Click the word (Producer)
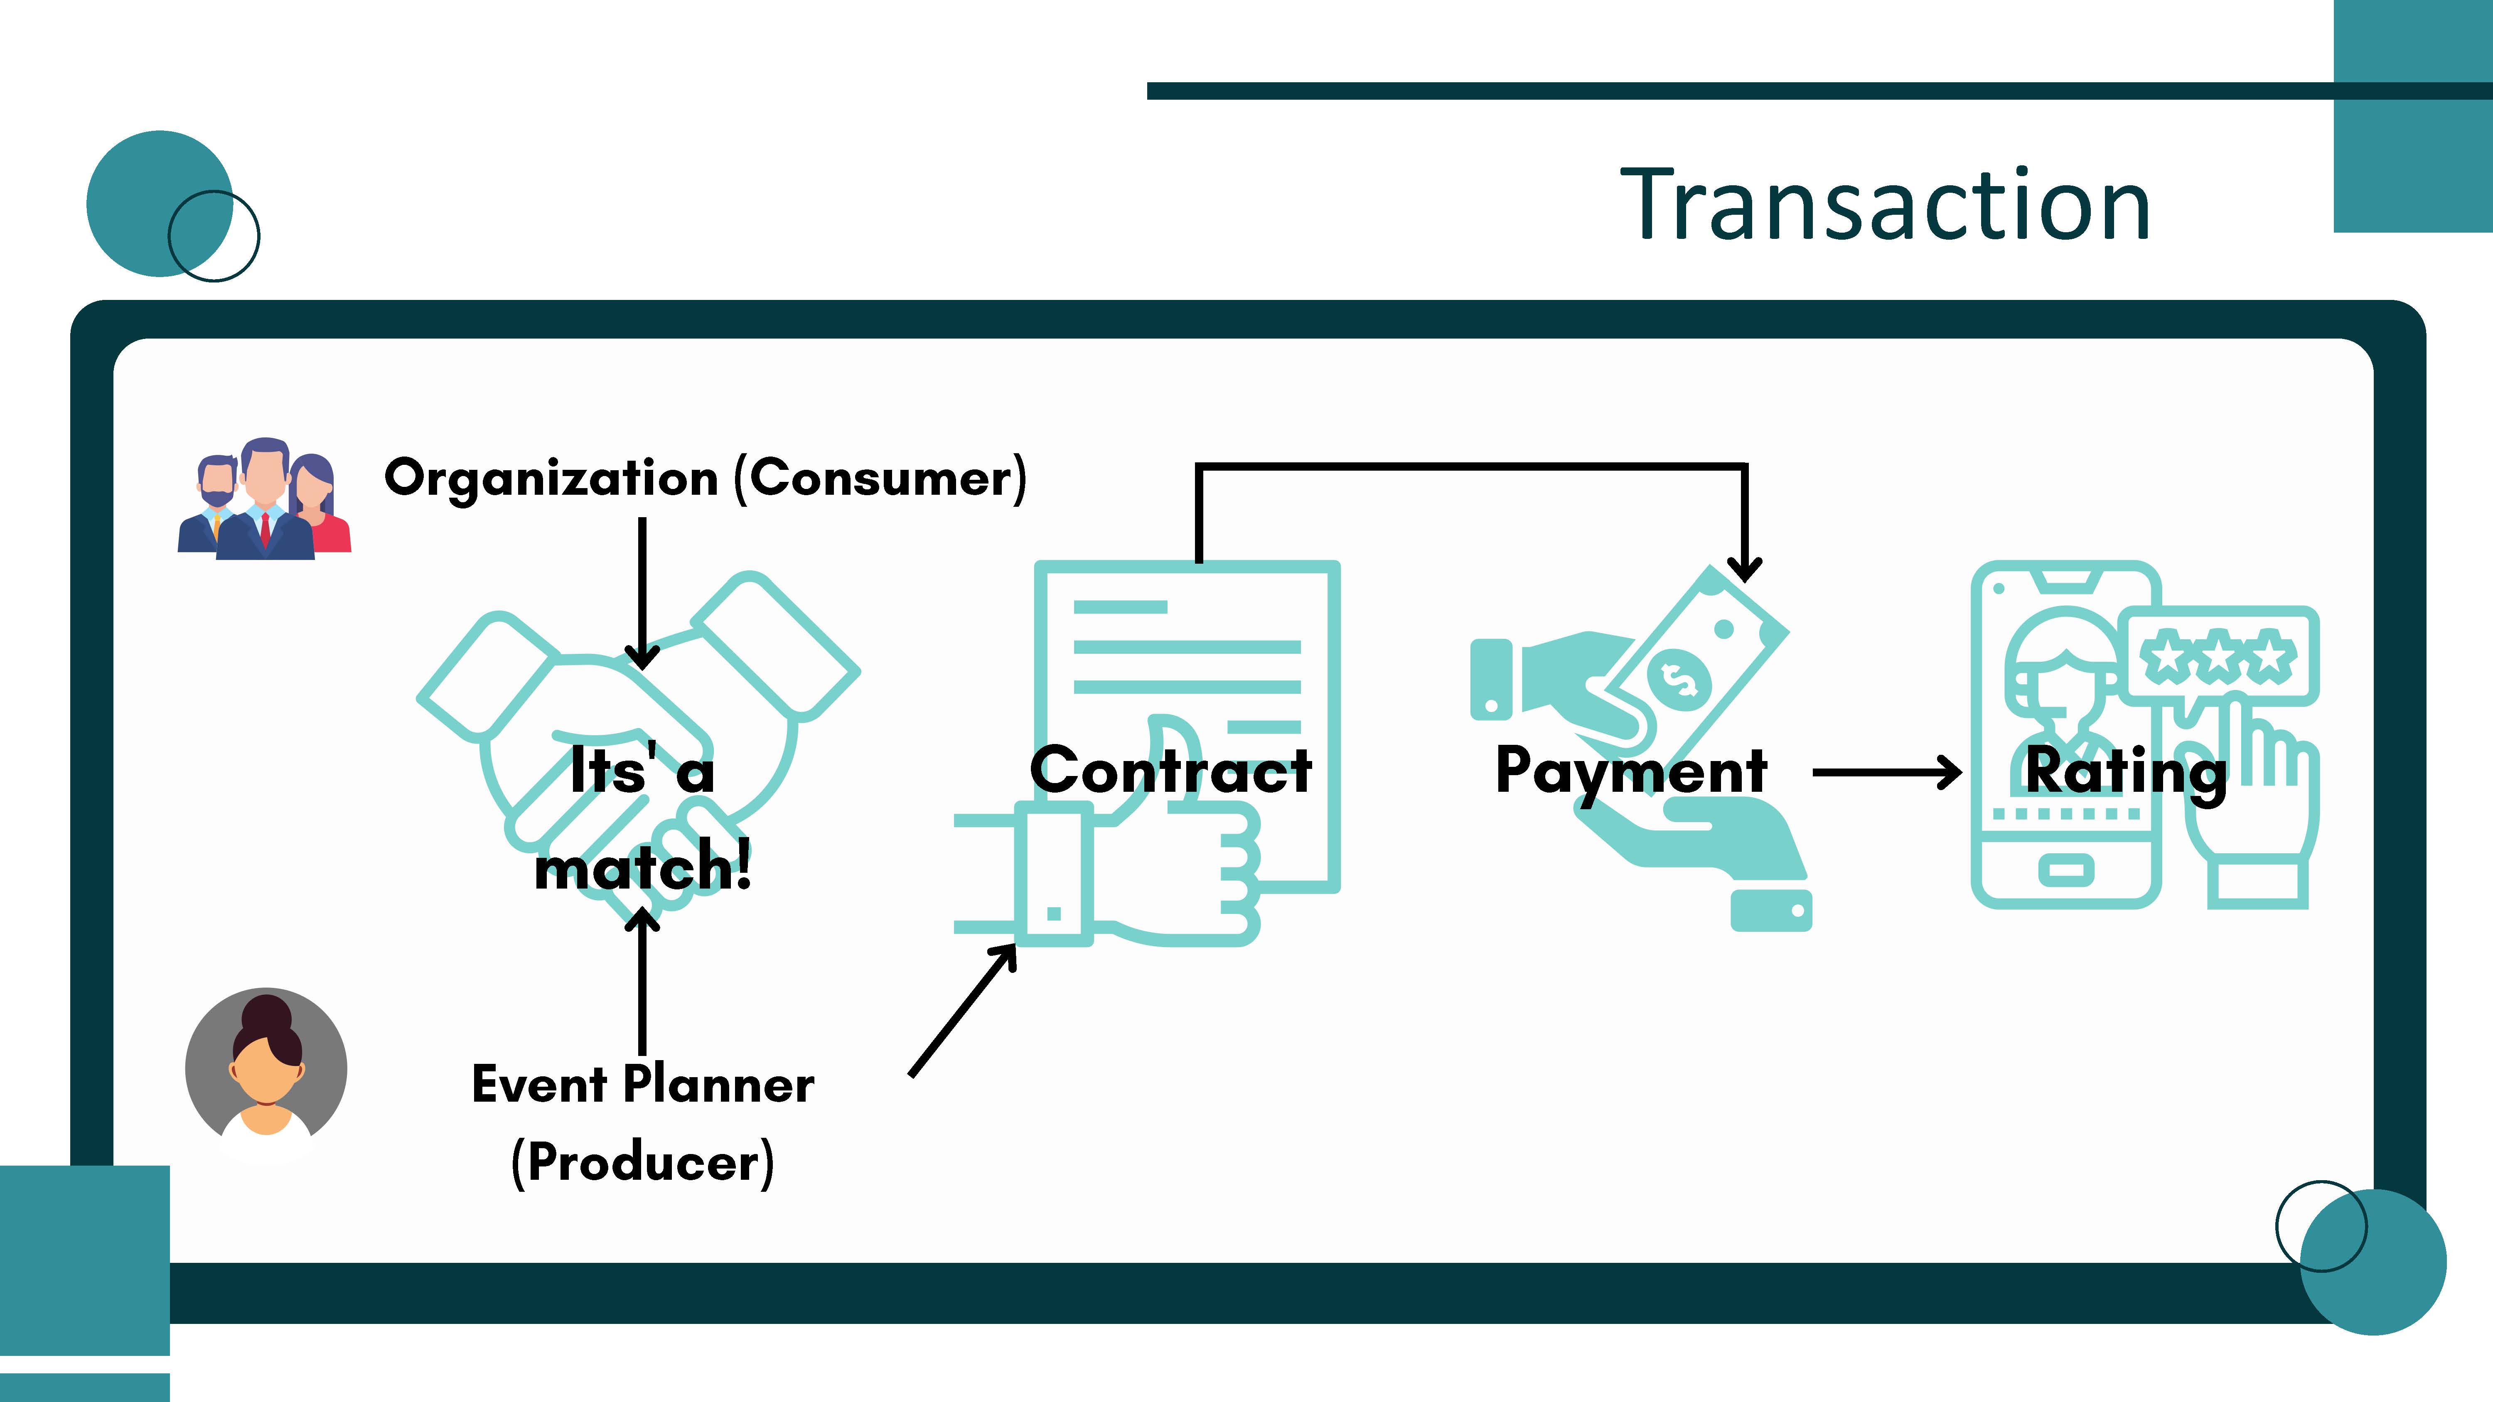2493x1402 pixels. tap(643, 1162)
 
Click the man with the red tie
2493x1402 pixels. tap(264, 498)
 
